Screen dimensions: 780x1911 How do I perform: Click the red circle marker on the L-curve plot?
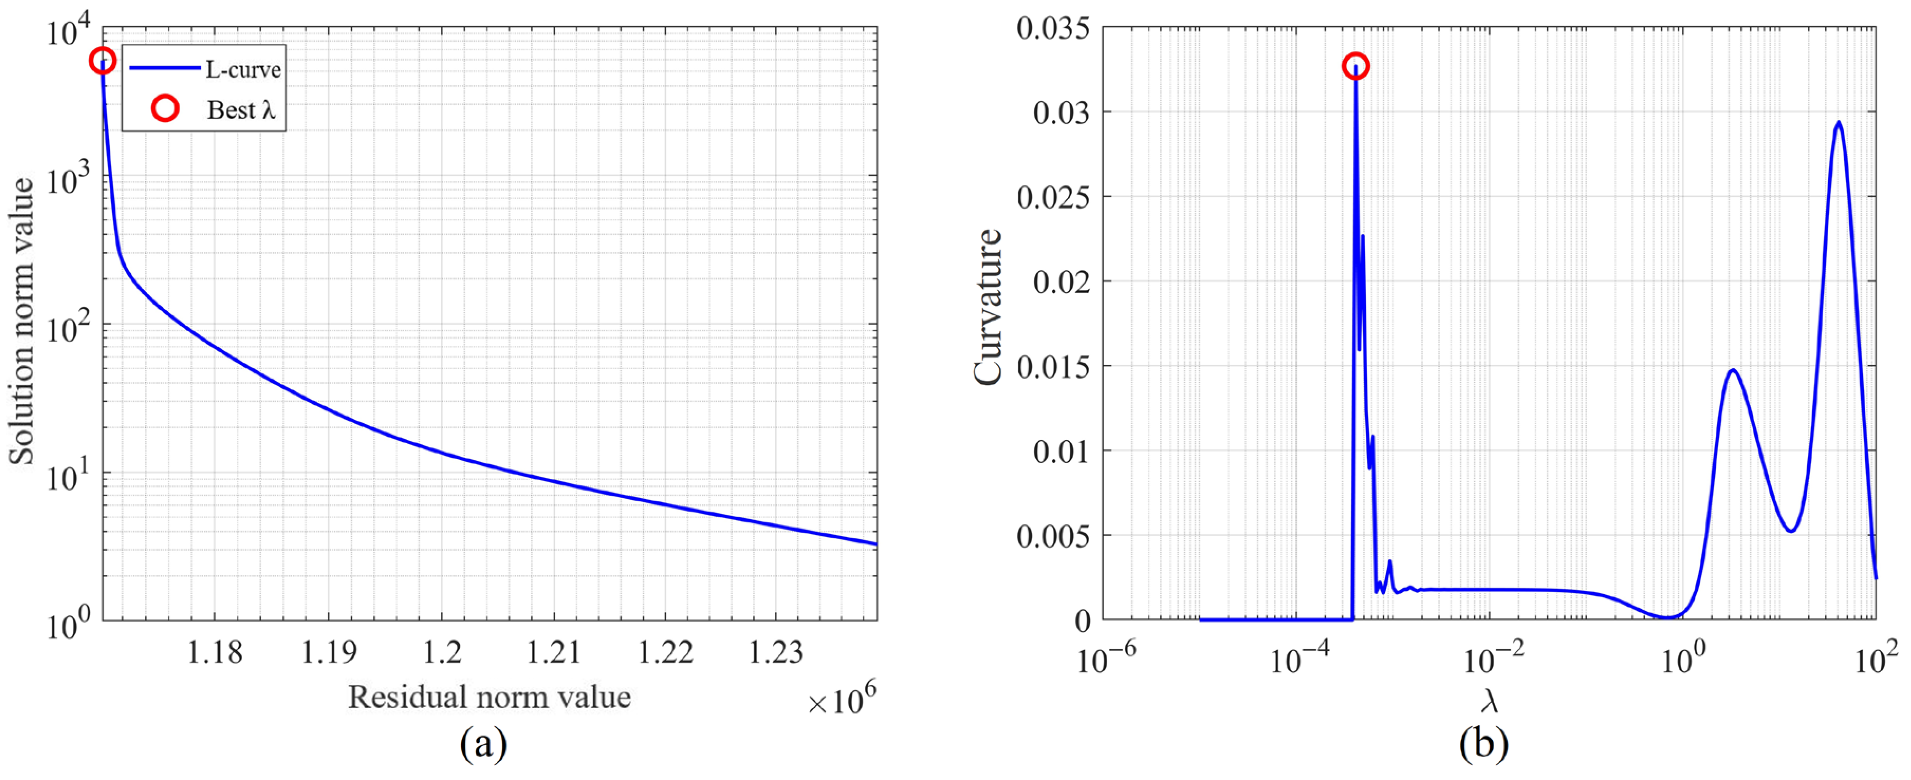pos(103,61)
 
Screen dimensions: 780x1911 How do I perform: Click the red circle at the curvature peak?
pos(1355,66)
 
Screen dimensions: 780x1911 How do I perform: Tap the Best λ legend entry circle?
pos(165,109)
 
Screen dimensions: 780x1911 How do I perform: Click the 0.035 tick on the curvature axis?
pos(1054,29)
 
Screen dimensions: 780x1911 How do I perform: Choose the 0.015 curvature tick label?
pos(1054,367)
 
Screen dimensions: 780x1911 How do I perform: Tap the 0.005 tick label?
pos(1054,536)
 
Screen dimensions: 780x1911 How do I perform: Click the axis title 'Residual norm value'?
pos(490,697)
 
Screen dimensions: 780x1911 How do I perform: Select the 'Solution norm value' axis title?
pos(22,321)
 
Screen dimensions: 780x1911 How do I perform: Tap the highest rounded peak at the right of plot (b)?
pos(1838,123)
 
